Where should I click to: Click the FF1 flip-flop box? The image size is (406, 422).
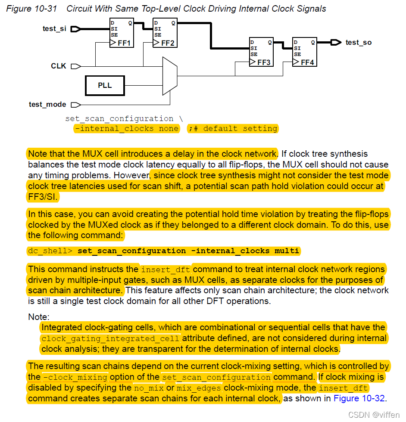click(122, 33)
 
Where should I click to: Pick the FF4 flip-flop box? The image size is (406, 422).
click(304, 52)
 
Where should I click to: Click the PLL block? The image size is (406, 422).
click(105, 85)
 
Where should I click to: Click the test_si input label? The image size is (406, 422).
click(55, 29)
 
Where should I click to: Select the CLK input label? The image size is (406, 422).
click(59, 66)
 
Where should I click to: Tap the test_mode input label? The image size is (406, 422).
click(47, 104)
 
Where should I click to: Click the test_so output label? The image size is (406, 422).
click(358, 42)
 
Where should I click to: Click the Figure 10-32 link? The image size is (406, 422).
click(359, 398)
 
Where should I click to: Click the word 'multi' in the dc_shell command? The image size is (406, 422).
click(287, 251)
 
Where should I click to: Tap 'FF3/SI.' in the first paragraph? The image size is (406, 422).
click(43, 197)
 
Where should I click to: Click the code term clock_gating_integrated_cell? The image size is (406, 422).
click(110, 338)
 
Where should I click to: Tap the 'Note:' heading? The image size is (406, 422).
click(39, 317)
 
